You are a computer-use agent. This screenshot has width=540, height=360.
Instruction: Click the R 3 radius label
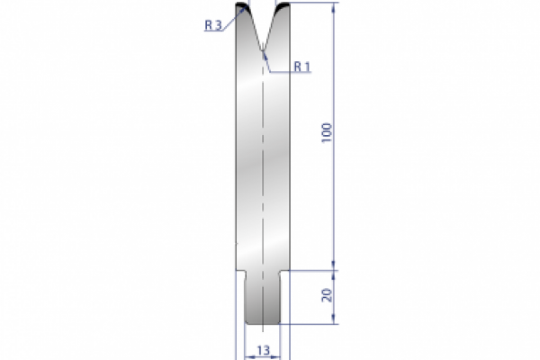pos(213,26)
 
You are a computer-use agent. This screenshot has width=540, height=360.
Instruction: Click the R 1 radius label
pos(301,67)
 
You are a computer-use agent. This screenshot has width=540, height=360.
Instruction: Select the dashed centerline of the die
pos(263,180)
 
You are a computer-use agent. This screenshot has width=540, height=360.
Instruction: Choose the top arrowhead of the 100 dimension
pos(336,8)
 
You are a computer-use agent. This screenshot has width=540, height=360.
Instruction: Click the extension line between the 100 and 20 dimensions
pos(315,268)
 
